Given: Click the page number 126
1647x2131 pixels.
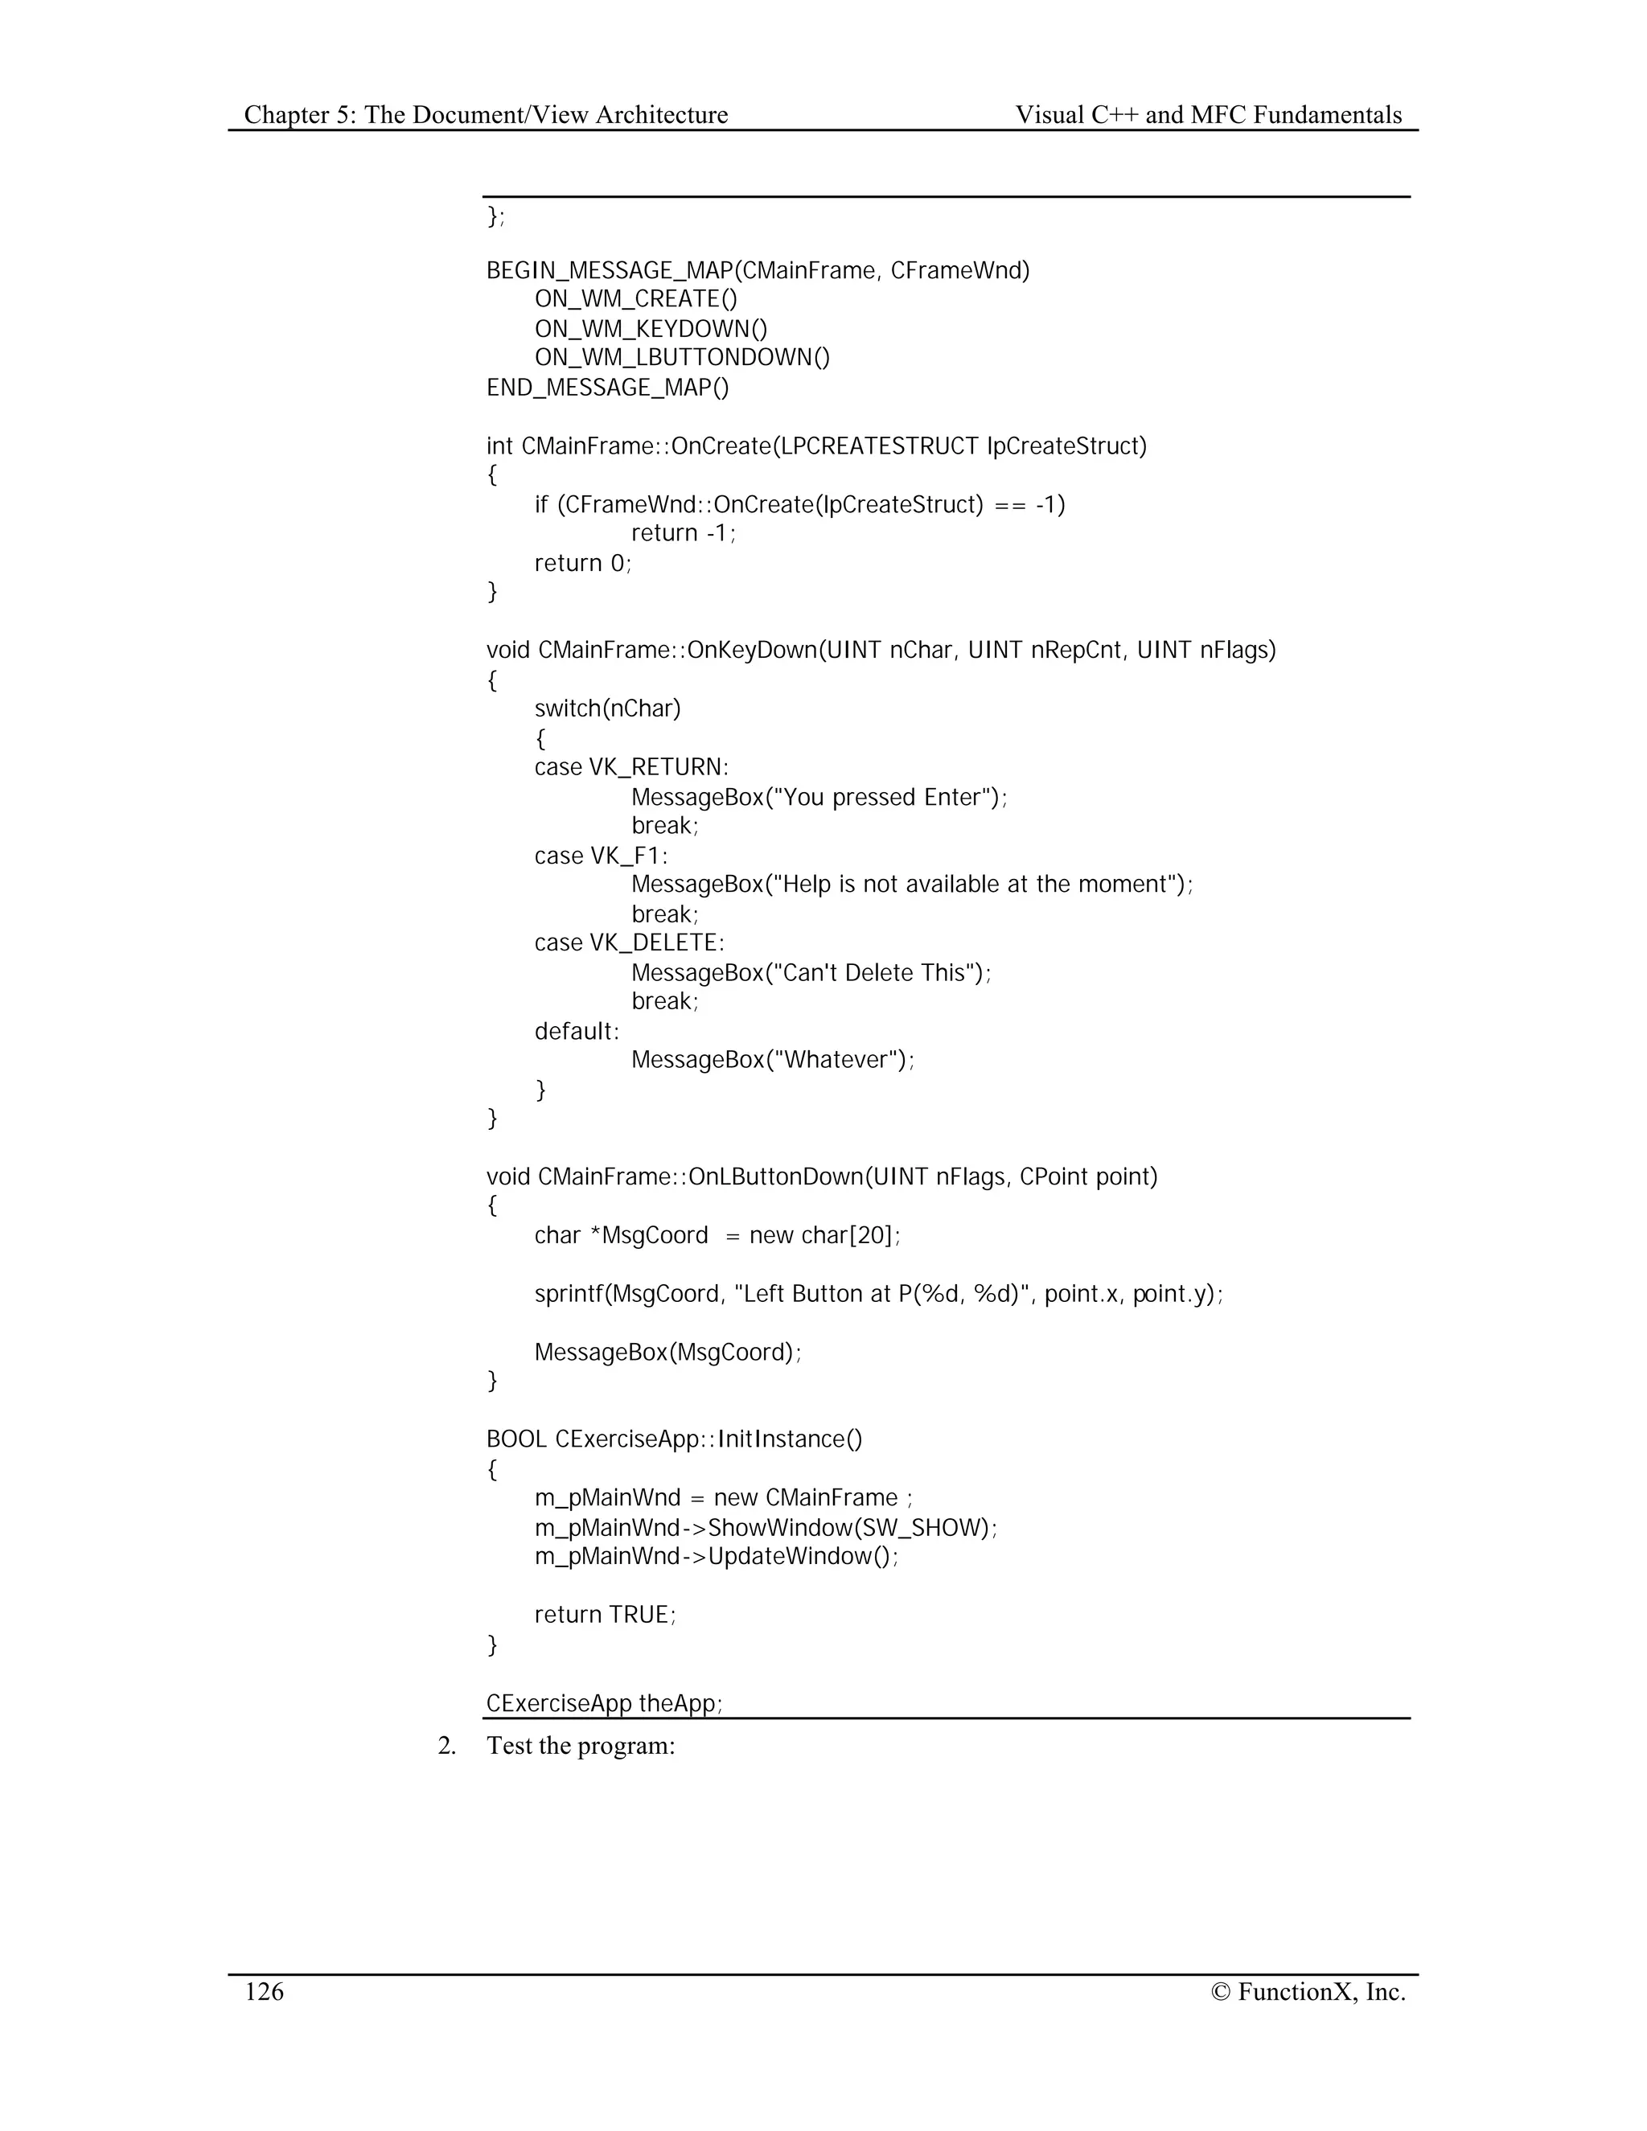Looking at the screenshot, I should [x=264, y=1991].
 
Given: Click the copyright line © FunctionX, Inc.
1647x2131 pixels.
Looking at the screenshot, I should [x=1308, y=1991].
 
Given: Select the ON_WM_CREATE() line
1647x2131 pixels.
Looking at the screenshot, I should [x=635, y=300].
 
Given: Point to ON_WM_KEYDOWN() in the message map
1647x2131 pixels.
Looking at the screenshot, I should [x=651, y=329].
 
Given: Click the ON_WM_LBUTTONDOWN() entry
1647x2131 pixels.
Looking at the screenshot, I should [x=682, y=358].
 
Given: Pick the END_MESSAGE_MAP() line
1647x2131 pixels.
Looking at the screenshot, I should [x=607, y=388].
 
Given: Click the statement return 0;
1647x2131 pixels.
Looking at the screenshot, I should [x=582, y=563].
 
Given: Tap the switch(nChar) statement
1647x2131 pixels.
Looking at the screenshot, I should [x=607, y=708].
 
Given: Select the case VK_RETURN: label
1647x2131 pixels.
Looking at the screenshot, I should [x=631, y=767].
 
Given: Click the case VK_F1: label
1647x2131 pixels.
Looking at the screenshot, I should [x=601, y=856].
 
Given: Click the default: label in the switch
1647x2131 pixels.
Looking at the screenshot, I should [x=577, y=1032].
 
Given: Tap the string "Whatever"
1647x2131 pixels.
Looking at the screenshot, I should [x=833, y=1060].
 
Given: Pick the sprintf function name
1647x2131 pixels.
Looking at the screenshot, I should [x=566, y=1294].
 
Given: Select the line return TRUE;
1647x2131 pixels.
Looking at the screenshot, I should [x=605, y=1615].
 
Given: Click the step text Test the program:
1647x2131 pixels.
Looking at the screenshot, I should [x=581, y=1746].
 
